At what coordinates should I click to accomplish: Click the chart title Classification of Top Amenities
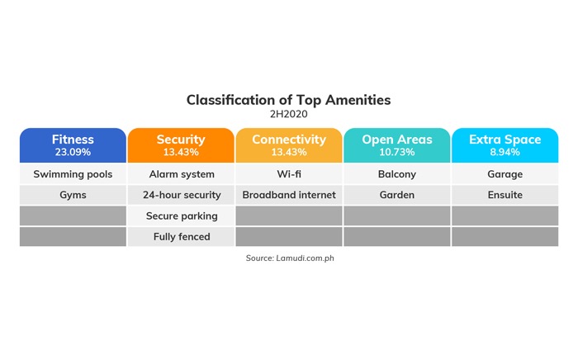288,100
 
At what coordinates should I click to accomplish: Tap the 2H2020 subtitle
289,114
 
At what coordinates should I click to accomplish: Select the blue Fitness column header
73,145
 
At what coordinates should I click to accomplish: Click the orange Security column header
181,145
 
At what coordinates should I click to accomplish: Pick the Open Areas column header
397,145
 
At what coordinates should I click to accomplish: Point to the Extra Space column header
505,145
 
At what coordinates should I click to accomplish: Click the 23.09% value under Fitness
73,152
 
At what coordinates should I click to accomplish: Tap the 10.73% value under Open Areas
397,152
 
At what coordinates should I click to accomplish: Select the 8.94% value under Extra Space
505,152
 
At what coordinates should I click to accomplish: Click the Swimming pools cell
73,174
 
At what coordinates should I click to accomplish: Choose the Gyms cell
73,195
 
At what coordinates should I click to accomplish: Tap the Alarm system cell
181,174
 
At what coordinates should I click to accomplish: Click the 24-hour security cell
181,195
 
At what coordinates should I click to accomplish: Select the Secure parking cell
181,216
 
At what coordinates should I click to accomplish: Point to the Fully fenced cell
181,237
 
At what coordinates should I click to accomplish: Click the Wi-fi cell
289,174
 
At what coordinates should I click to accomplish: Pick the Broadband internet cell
289,195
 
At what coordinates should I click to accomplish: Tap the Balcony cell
397,174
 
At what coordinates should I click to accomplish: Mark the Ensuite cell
505,195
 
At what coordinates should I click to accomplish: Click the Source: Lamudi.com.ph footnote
290,258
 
